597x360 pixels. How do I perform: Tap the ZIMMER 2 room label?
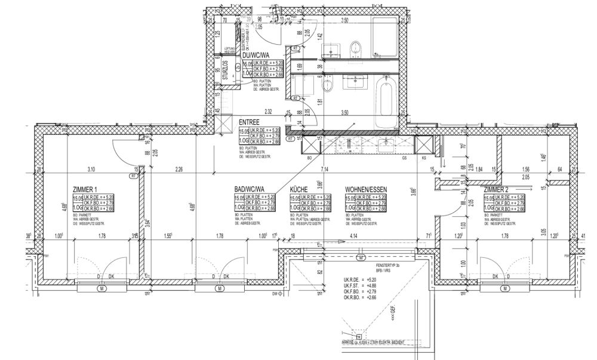(x=501, y=189)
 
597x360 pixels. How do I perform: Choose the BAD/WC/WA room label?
(x=249, y=189)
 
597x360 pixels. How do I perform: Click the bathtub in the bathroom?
(x=385, y=103)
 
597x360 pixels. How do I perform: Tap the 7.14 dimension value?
(x=325, y=169)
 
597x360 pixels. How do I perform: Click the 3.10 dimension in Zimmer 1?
(x=91, y=169)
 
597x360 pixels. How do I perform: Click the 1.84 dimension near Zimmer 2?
(x=478, y=169)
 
